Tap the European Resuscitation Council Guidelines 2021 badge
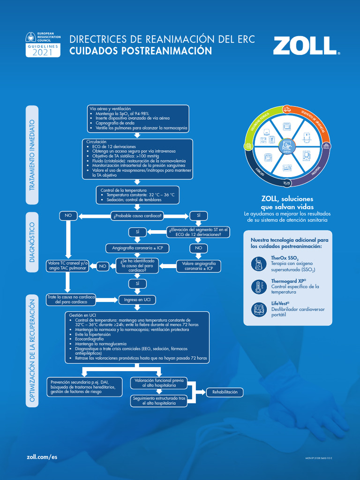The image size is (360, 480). pyautogui.click(x=43, y=45)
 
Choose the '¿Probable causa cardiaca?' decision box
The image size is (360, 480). pyautogui.click(x=137, y=216)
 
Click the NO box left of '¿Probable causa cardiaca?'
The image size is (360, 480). pyautogui.click(x=68, y=216)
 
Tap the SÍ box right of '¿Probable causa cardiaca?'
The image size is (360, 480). pyautogui.click(x=198, y=216)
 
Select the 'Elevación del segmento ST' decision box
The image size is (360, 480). pyautogui.click(x=198, y=232)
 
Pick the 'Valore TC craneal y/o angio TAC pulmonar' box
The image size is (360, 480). pyautogui.click(x=68, y=266)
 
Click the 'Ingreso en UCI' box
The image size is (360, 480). pyautogui.click(x=137, y=299)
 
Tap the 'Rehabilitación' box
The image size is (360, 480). pyautogui.click(x=225, y=392)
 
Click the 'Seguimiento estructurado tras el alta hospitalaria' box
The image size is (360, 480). pyautogui.click(x=159, y=400)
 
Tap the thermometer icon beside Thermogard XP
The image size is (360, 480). pyautogui.click(x=258, y=287)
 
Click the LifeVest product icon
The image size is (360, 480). pyautogui.click(x=258, y=309)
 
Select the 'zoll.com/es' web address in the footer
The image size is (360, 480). pyautogui.click(x=42, y=457)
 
